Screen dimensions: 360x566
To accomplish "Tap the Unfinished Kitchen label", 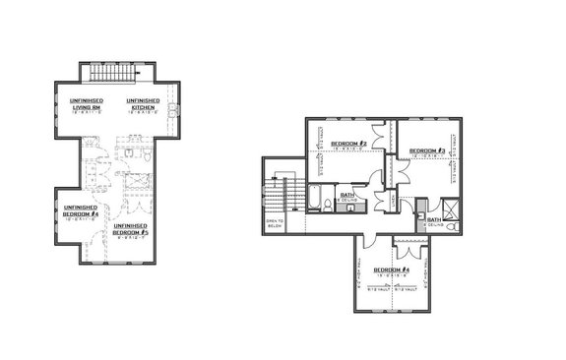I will (144, 104).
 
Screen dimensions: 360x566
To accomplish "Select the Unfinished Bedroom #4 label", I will (81, 211).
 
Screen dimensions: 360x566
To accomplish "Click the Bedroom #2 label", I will (347, 144).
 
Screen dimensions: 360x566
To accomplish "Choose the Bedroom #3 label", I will (428, 150).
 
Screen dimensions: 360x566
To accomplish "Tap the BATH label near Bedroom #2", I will (347, 195).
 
